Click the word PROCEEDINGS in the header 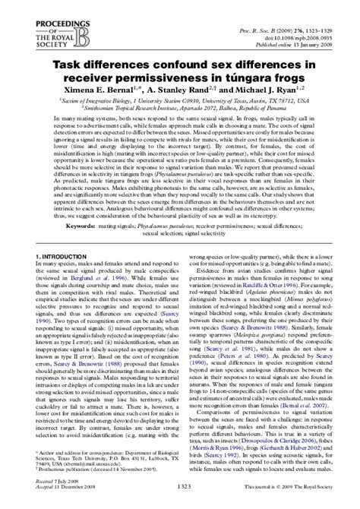(37, 9)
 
